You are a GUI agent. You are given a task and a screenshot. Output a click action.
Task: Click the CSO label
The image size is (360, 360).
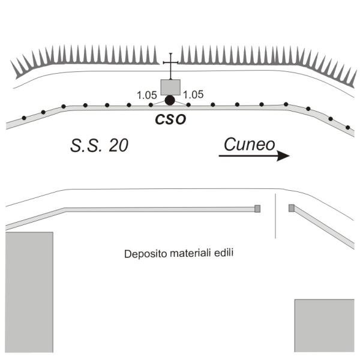click(x=170, y=119)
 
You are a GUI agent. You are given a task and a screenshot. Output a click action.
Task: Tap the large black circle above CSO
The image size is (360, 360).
click(x=170, y=100)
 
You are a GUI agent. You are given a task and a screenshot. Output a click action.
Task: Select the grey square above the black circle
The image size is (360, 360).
click(x=170, y=87)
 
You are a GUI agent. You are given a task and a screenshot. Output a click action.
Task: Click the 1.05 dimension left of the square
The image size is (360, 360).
click(x=147, y=95)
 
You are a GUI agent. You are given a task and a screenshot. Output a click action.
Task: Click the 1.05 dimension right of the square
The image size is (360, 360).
click(x=193, y=95)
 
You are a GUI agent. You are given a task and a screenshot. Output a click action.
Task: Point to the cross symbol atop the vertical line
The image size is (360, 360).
click(x=170, y=62)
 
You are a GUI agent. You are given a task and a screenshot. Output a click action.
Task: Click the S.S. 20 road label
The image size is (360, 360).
click(x=99, y=146)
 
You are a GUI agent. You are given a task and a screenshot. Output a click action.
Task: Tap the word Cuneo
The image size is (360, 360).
click(x=250, y=145)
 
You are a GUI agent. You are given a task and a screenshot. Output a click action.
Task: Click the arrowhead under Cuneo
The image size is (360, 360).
click(x=283, y=156)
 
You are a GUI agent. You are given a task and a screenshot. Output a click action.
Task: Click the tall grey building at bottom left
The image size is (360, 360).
click(x=29, y=292)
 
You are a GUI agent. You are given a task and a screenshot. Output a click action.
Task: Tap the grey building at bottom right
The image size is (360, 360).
click(x=325, y=325)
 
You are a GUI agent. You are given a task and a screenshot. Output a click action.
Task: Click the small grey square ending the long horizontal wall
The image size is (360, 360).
click(x=257, y=209)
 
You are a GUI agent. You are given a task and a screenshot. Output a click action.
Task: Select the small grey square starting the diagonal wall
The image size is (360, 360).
click(x=292, y=208)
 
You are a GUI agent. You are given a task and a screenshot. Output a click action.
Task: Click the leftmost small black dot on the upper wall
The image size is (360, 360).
click(x=24, y=118)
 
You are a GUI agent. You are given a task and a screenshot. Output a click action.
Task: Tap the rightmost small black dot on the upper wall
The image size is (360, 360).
click(x=348, y=127)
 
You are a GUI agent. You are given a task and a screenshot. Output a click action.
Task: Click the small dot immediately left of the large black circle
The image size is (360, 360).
click(x=151, y=105)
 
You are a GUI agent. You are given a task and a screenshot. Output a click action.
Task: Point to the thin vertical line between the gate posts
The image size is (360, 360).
click(x=275, y=216)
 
